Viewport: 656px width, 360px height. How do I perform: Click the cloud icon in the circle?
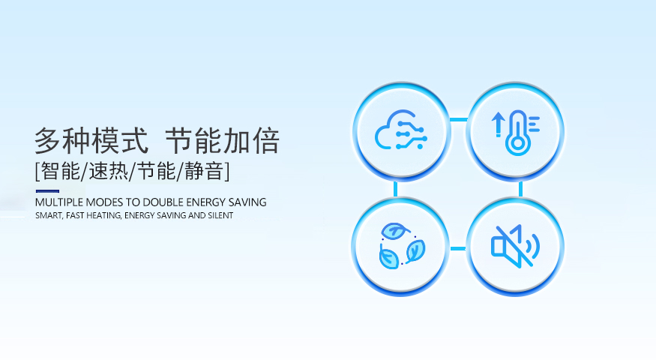pyautogui.click(x=401, y=130)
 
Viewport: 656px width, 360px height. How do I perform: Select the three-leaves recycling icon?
pyautogui.click(x=402, y=246)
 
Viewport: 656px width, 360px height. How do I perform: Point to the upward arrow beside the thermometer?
pyautogui.click(x=498, y=124)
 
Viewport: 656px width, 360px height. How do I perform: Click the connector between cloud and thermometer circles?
pyautogui.click(x=459, y=120)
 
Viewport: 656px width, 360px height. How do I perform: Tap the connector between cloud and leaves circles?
pyautogui.click(x=395, y=189)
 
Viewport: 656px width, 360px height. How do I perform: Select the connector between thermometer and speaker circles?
pyautogui.click(x=520, y=189)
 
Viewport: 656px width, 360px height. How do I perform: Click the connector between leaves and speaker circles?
pyautogui.click(x=458, y=249)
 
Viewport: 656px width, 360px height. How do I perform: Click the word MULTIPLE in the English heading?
pyautogui.click(x=59, y=202)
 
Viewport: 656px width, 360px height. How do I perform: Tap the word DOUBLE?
pyautogui.click(x=163, y=202)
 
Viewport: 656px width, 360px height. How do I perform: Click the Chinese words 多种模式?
pyautogui.click(x=91, y=141)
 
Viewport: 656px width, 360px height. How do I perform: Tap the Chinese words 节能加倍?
pyautogui.click(x=222, y=141)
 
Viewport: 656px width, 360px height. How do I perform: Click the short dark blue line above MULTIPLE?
pyautogui.click(x=47, y=191)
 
